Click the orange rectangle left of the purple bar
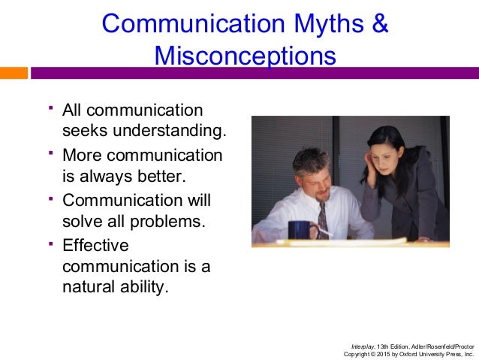point(14,73)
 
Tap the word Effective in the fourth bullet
point(95,245)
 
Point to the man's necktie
point(323,218)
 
